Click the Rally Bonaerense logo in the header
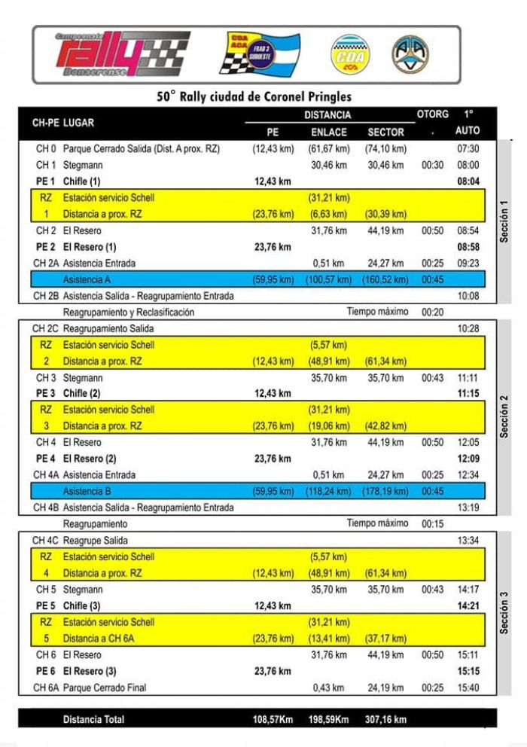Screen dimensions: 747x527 (x=120, y=54)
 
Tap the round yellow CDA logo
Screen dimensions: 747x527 (x=351, y=55)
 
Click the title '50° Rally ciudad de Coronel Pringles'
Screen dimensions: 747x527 (x=254, y=96)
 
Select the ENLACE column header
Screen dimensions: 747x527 (x=329, y=132)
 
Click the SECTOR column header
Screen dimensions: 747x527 (x=385, y=132)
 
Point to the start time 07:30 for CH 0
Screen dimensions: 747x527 (x=468, y=149)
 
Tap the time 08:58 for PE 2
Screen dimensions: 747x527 (x=468, y=247)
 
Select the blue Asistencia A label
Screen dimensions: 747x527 (x=87, y=279)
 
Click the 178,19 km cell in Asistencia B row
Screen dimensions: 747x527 (x=385, y=492)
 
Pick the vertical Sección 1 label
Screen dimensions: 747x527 (x=504, y=221)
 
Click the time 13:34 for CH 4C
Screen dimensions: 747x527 (x=468, y=541)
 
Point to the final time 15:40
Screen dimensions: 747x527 (x=468, y=688)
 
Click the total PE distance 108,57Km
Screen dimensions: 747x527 (x=273, y=720)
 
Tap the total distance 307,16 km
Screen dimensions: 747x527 (x=385, y=720)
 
